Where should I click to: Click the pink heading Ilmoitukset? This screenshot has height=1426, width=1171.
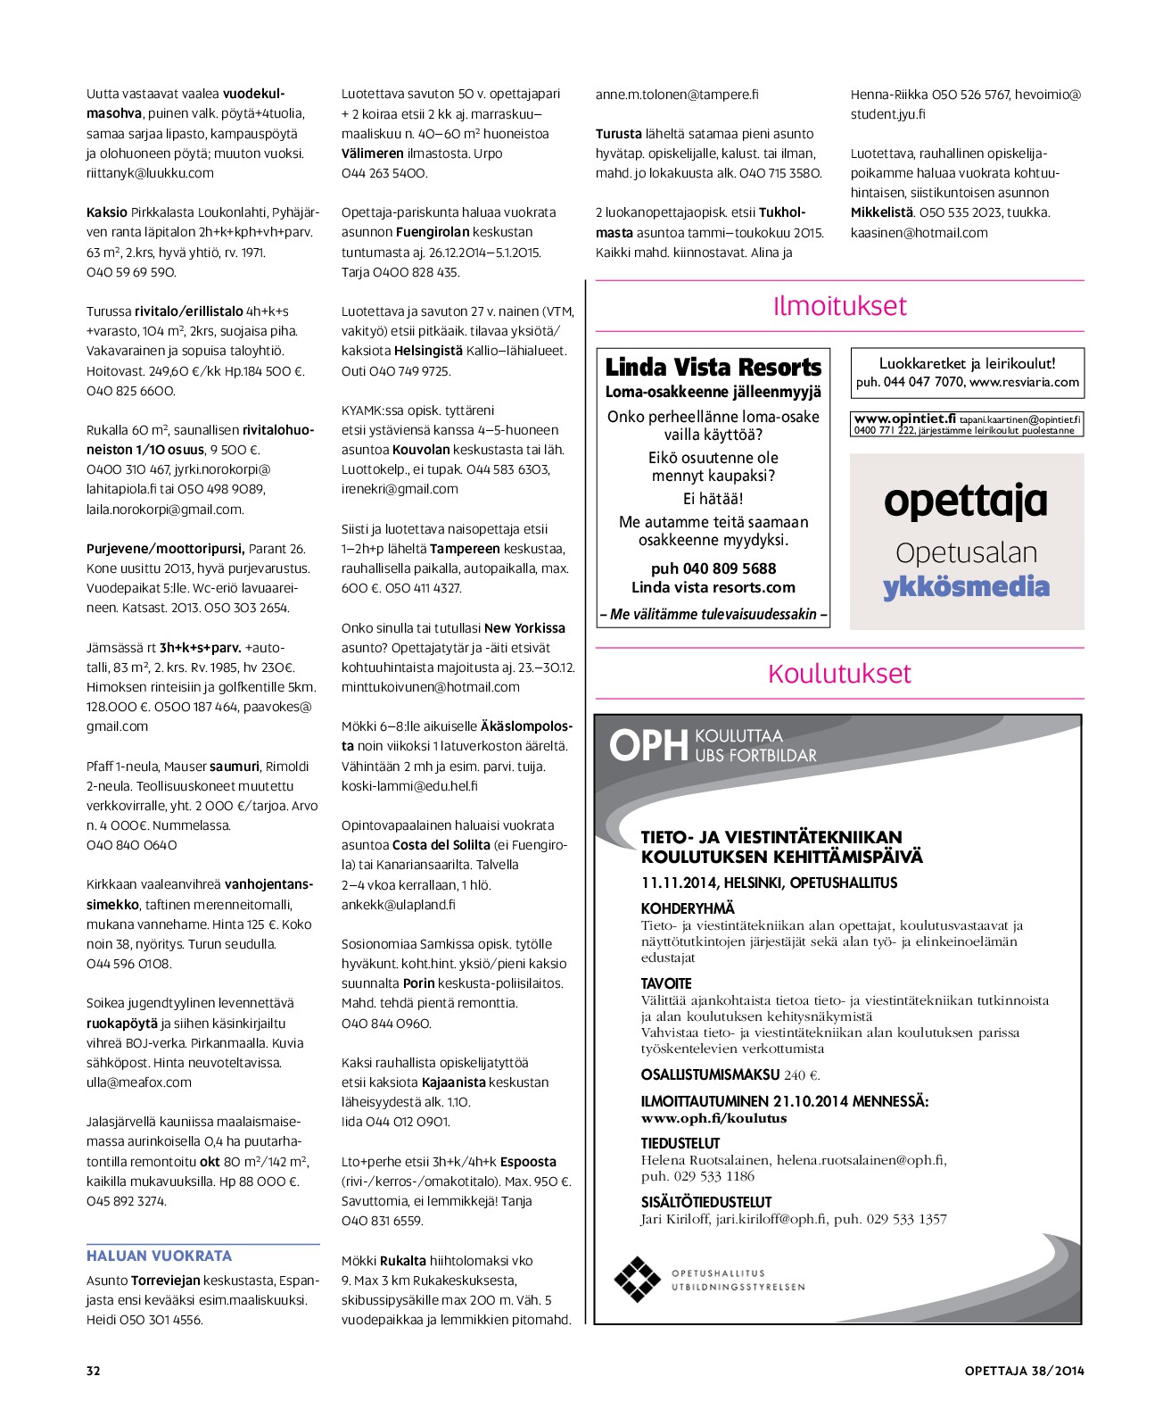(839, 306)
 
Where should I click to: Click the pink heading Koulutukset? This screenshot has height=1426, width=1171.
(839, 674)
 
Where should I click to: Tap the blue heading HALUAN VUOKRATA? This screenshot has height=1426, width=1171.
(159, 1256)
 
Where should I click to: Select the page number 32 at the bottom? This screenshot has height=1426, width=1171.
(94, 1371)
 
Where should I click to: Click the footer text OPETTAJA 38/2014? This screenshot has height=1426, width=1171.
(1024, 1371)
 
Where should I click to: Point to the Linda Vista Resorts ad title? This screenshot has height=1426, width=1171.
(713, 367)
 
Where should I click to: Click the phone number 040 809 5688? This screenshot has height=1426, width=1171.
(713, 568)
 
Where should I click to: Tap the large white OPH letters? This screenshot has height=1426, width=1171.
(648, 746)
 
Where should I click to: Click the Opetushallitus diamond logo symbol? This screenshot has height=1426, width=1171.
(637, 1279)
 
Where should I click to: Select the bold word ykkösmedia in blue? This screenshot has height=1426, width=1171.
(966, 587)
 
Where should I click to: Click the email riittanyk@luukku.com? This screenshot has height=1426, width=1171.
(150, 173)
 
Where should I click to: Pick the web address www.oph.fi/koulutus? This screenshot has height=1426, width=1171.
(713, 1118)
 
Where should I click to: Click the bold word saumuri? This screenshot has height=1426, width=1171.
(235, 766)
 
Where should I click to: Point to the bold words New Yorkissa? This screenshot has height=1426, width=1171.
(525, 627)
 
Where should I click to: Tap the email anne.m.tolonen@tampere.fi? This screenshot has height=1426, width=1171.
(677, 94)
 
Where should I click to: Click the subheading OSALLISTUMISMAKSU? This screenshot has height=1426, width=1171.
(710, 1074)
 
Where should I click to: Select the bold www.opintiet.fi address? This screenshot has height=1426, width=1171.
(904, 419)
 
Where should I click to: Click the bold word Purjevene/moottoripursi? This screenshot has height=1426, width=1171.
(165, 549)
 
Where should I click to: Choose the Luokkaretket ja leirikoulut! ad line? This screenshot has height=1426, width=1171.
(967, 363)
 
